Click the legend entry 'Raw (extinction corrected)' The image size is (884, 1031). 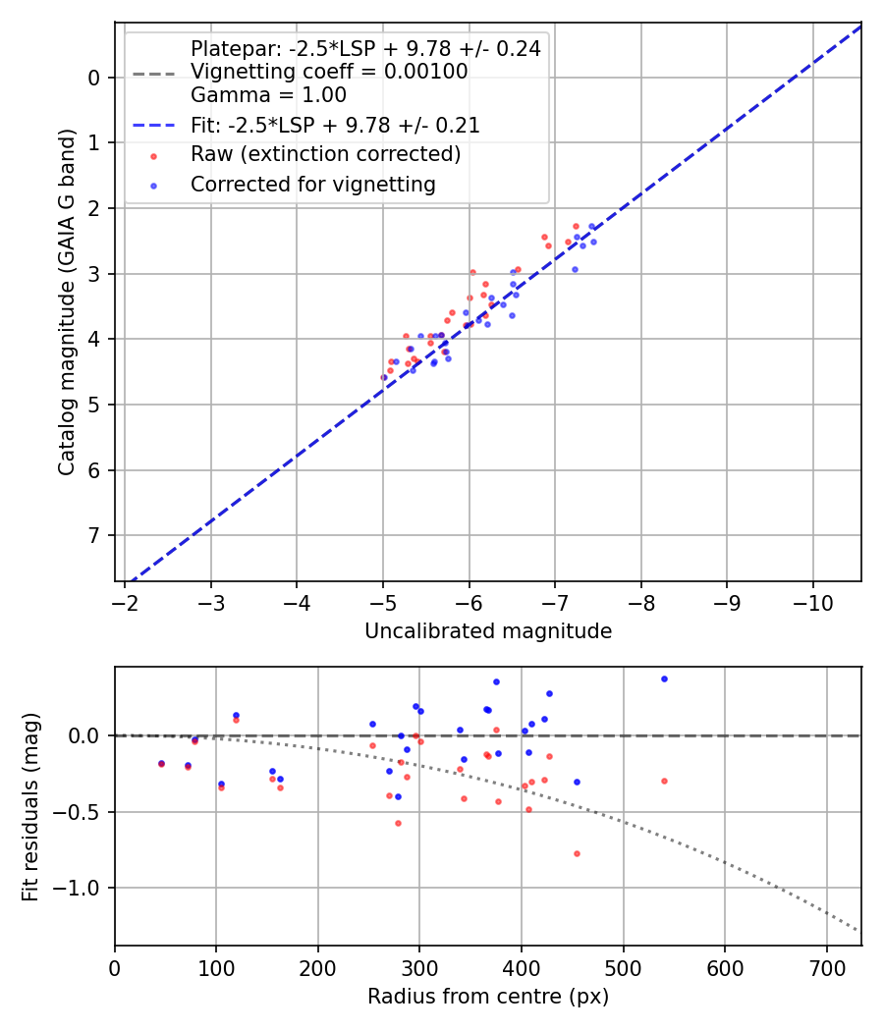tap(325, 154)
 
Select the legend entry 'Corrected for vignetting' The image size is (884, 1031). tap(312, 184)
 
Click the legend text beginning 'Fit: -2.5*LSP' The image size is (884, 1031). tap(335, 125)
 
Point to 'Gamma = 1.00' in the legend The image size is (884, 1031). tap(268, 95)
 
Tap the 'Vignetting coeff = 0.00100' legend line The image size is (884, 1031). tap(329, 72)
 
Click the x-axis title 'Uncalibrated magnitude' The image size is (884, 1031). tap(488, 631)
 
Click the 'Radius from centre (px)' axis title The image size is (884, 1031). tap(488, 997)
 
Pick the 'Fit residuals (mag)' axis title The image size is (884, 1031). tap(30, 806)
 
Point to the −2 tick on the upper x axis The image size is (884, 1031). tap(125, 602)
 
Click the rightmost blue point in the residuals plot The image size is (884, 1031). tap(664, 678)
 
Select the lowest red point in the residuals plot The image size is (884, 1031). tap(577, 853)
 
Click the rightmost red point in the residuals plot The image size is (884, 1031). tap(664, 781)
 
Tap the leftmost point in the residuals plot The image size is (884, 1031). tap(161, 763)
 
